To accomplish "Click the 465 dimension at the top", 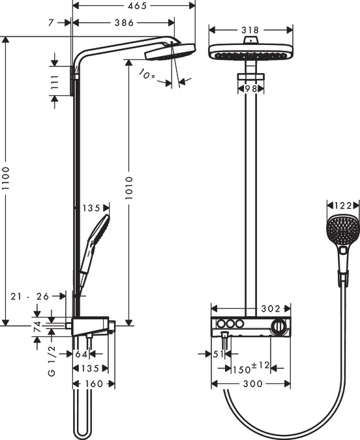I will pos(136,6).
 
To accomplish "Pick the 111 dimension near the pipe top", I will pos(55,83).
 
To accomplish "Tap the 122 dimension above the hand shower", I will pos(343,205).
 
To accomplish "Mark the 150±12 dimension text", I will pos(250,368).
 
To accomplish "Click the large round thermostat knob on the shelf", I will pos(278,326).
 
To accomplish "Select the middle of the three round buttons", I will pos(231,325).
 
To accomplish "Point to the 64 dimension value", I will pos(82,354).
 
